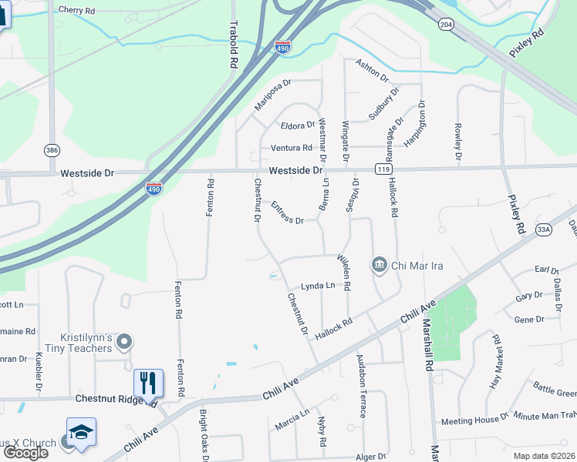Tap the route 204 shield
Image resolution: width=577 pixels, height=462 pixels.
(x=446, y=24)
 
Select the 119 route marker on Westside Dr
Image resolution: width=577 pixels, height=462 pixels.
(x=382, y=169)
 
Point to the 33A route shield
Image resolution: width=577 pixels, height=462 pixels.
(x=543, y=229)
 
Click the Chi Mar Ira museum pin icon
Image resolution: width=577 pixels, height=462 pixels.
(x=380, y=266)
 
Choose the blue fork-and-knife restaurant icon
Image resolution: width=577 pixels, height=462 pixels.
(x=148, y=383)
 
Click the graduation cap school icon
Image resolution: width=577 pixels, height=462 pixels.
(x=81, y=433)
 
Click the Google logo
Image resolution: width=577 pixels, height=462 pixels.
(x=25, y=452)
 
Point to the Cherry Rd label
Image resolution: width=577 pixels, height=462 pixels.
(x=76, y=10)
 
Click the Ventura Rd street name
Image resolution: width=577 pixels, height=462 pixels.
(x=291, y=148)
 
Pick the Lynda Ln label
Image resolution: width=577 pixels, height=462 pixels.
(x=317, y=286)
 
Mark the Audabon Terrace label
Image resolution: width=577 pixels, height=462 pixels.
(x=361, y=386)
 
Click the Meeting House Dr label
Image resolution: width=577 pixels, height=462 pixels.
(x=474, y=420)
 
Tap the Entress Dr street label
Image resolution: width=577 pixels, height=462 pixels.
(x=288, y=213)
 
